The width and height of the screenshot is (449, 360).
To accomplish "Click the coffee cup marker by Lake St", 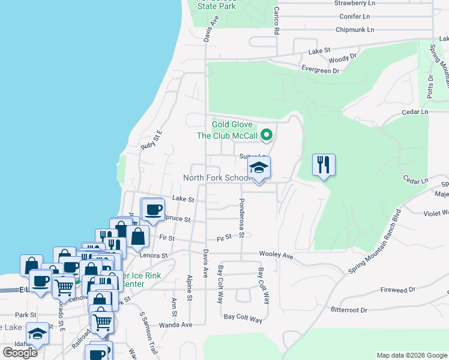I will coord(152,209).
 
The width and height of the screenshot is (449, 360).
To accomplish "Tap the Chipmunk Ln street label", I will coord(355,29).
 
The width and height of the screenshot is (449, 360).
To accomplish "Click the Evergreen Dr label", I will coord(321,71).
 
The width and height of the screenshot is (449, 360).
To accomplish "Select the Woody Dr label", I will coord(343,59).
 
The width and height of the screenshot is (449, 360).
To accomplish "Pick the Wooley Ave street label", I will coord(276,256).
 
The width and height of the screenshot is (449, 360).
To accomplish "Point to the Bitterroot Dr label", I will coord(349,310).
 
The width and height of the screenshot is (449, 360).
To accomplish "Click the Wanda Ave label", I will coord(175,325).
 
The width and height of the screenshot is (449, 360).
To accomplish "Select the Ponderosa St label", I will coord(242,218).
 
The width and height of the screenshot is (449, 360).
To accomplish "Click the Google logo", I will coord(20,353).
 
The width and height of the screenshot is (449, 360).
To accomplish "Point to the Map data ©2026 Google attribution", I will coord(411,355).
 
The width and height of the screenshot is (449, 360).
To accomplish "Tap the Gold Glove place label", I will coord(229,125).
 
